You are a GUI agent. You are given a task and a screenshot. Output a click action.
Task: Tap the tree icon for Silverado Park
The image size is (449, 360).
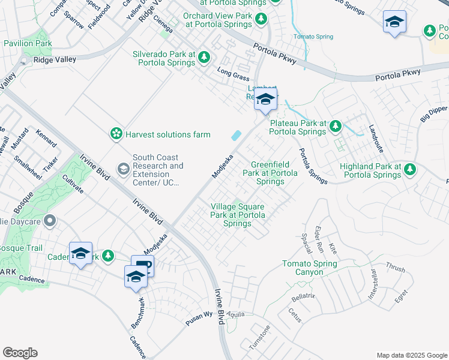pyautogui.click(x=204, y=57)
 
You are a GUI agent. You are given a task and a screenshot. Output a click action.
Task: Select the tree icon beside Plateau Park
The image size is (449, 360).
pyautogui.click(x=336, y=126)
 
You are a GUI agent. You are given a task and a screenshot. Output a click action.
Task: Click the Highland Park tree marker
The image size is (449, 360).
pyautogui.click(x=410, y=170)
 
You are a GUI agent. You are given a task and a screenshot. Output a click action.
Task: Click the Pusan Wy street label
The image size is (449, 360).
pyautogui.click(x=199, y=318)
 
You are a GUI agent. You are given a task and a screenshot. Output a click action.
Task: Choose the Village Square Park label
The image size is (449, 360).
pyautogui.click(x=238, y=215)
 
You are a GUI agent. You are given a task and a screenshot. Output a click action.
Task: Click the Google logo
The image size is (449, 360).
pyautogui.click(x=20, y=353)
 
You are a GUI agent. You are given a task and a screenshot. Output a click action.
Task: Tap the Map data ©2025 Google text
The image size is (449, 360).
pyautogui.click(x=411, y=355)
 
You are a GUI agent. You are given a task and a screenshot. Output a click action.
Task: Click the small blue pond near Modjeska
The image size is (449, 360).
pyautogui.click(x=237, y=136)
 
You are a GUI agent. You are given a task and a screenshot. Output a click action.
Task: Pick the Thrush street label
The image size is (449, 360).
pyautogui.click(x=395, y=268)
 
